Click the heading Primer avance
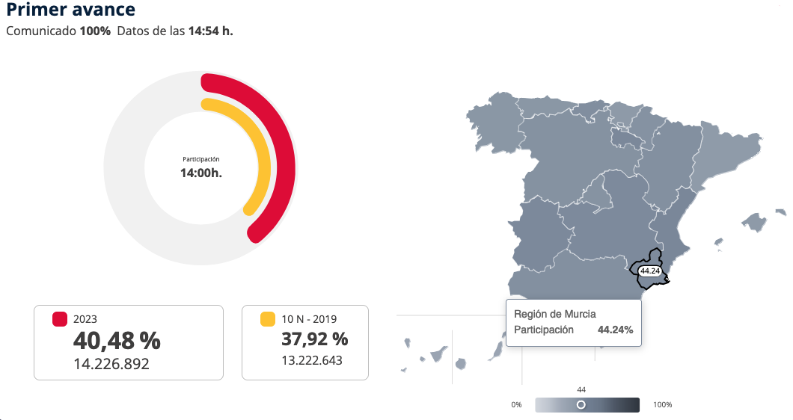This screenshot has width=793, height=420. pyautogui.click(x=71, y=10)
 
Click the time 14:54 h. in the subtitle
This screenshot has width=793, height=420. pyautogui.click(x=210, y=31)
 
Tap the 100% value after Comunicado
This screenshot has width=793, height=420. pyautogui.click(x=95, y=31)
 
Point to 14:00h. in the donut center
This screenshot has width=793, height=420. pyautogui.click(x=200, y=173)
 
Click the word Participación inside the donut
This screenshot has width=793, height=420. pyautogui.click(x=200, y=159)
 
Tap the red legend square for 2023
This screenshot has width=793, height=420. pyautogui.click(x=60, y=319)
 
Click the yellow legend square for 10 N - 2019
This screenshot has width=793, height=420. pyautogui.click(x=267, y=319)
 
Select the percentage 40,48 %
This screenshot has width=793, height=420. pyautogui.click(x=117, y=341)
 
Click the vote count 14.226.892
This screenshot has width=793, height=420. pyautogui.click(x=111, y=364)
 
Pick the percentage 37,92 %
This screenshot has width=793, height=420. pyautogui.click(x=314, y=339)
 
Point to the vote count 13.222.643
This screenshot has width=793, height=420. pyautogui.click(x=312, y=360)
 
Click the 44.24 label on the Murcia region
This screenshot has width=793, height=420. pyautogui.click(x=649, y=271)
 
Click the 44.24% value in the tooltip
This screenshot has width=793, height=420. pyautogui.click(x=615, y=330)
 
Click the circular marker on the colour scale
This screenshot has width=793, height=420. pyautogui.click(x=581, y=404)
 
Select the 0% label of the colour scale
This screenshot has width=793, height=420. pyautogui.click(x=516, y=405)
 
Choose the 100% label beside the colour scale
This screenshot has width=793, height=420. pyautogui.click(x=663, y=405)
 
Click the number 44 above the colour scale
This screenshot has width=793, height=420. pyautogui.click(x=581, y=389)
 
